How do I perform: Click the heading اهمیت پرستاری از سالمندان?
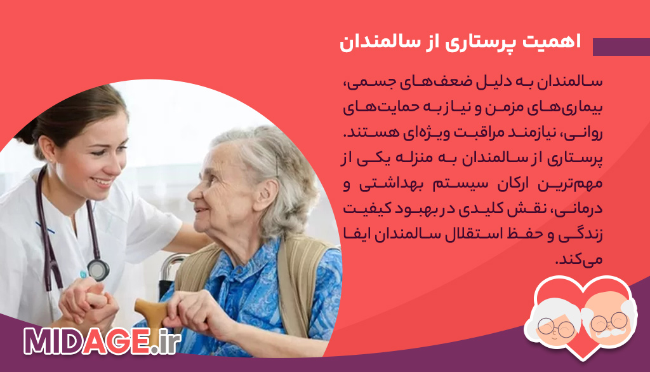461,43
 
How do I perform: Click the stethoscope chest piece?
98,269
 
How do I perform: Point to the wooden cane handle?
150,310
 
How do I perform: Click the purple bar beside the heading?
621,47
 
